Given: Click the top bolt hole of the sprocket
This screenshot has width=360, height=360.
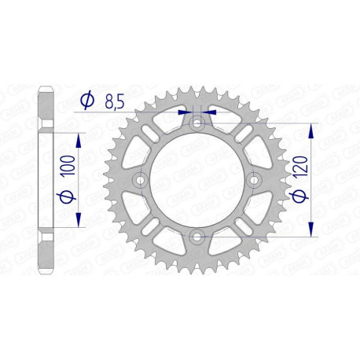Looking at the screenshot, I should click(197, 123).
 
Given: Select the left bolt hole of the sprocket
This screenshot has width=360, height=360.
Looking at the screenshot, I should click(141, 179).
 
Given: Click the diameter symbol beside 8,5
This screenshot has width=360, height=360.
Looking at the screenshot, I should click(88, 100).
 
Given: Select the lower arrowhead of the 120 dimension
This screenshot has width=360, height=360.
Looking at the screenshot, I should click(312, 230).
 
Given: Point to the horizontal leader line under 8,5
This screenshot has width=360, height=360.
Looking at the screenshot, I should click(126, 113).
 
